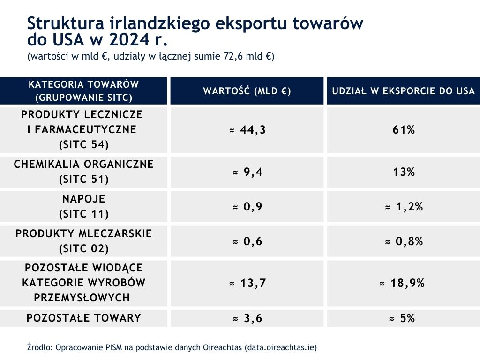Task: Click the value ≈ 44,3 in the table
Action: pyautogui.click(x=247, y=130)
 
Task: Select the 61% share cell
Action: pyautogui.click(x=404, y=130)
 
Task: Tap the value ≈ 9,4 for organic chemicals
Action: pyautogui.click(x=247, y=172)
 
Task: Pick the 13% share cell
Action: pyautogui.click(x=404, y=172)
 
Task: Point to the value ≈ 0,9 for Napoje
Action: pyautogui.click(x=247, y=207)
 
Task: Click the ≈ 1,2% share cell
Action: pyautogui.click(x=404, y=207)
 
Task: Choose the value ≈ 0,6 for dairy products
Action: pyautogui.click(x=247, y=241)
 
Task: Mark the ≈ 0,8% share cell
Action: pyautogui.click(x=404, y=241)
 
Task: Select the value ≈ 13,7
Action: pyautogui.click(x=247, y=283)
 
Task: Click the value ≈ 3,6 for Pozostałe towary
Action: pyautogui.click(x=247, y=318)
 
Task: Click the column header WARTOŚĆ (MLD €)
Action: pyautogui.click(x=247, y=91)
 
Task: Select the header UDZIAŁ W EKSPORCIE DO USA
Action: pyautogui.click(x=404, y=91)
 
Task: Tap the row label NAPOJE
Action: pyautogui.click(x=84, y=199)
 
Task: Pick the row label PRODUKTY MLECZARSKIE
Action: pyautogui.click(x=84, y=233)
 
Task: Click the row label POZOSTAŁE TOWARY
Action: pyautogui.click(x=84, y=318)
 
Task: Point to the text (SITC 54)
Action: pyautogui.click(x=84, y=144)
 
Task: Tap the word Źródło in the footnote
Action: pyautogui.click(x=39, y=347)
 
